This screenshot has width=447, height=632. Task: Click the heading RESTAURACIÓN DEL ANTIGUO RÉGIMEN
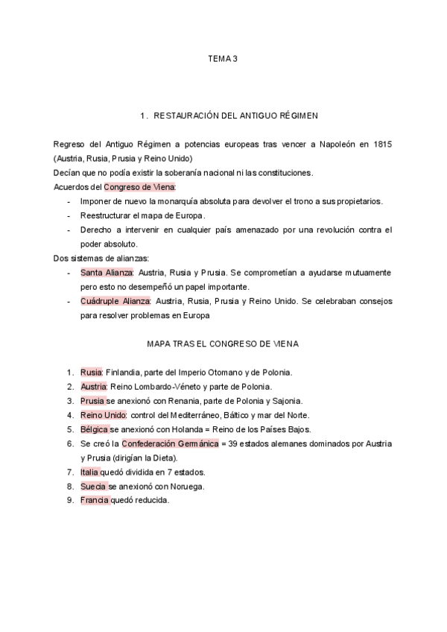click(229, 116)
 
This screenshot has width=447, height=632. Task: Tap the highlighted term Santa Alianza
click(107, 273)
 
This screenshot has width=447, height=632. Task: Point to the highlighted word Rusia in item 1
click(91, 372)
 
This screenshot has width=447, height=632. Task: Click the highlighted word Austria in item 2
click(94, 386)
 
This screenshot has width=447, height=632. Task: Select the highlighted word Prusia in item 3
click(92, 400)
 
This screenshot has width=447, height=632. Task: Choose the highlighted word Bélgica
click(95, 429)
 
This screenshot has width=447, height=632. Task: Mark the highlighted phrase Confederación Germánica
click(171, 443)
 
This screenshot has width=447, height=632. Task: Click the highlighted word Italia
click(90, 472)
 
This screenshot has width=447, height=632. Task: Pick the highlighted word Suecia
click(93, 486)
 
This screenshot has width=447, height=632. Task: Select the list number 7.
click(69, 472)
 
